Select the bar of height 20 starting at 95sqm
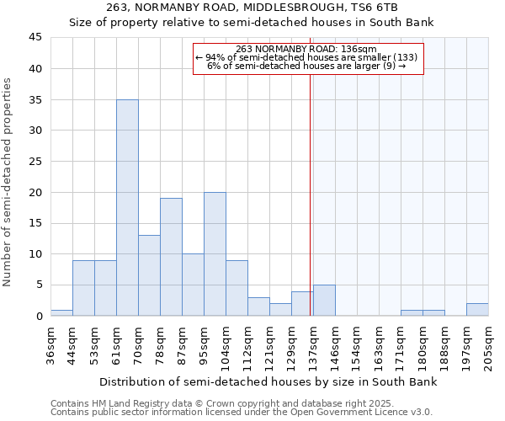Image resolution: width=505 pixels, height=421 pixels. (x=215, y=253)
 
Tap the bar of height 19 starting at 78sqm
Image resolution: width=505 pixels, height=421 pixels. (x=171, y=257)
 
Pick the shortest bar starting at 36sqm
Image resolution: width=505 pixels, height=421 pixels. (x=61, y=312)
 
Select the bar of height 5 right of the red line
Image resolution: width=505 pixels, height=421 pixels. (x=324, y=301)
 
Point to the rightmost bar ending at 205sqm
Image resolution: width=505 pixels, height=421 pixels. (x=477, y=309)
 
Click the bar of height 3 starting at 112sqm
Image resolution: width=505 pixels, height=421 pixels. (x=258, y=306)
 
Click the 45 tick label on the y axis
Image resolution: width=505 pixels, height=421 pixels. (x=35, y=38)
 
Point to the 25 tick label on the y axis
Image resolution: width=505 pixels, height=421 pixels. (x=35, y=162)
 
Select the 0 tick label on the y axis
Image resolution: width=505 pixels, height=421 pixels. (x=39, y=317)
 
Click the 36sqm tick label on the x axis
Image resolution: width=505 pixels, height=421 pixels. (x=51, y=344)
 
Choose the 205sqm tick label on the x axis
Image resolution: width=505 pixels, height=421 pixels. (x=489, y=347)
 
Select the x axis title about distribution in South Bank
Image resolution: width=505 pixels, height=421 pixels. (x=268, y=382)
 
